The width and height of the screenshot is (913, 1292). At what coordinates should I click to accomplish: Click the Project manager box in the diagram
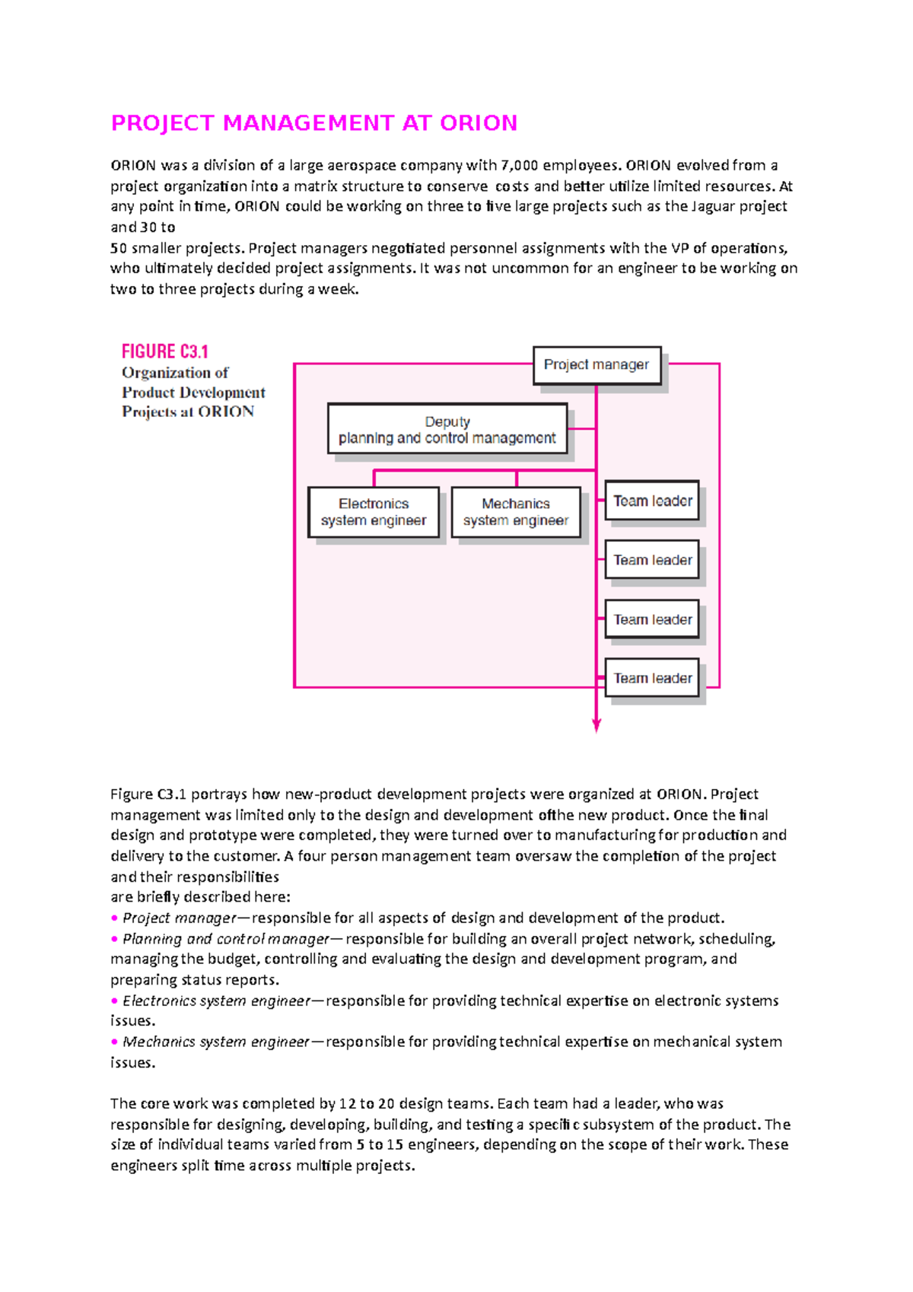[596, 365]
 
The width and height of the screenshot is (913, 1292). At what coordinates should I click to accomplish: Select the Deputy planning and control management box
[447, 429]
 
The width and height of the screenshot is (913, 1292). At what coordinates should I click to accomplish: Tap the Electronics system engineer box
[373, 512]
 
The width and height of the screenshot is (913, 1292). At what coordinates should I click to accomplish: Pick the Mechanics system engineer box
[515, 512]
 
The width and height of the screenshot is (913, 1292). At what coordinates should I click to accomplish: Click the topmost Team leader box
[652, 501]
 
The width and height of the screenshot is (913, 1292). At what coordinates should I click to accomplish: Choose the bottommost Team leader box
[652, 678]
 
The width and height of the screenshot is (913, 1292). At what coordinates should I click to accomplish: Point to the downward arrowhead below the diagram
[596, 727]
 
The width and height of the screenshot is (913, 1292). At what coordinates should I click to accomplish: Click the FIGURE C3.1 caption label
[164, 352]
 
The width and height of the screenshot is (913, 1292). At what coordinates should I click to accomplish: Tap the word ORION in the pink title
[479, 123]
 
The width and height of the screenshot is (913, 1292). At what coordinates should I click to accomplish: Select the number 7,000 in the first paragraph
[519, 165]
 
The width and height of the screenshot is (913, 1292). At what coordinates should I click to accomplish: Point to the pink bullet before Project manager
[115, 918]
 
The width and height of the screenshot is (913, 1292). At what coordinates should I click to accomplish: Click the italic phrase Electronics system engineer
[216, 1001]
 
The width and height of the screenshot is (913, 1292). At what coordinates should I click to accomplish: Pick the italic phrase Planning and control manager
[226, 939]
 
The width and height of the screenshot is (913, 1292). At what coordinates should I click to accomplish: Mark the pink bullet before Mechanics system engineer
[115, 1042]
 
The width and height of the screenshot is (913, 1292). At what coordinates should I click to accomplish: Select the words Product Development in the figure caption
[193, 393]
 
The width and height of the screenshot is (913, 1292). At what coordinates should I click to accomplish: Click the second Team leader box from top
[652, 560]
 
